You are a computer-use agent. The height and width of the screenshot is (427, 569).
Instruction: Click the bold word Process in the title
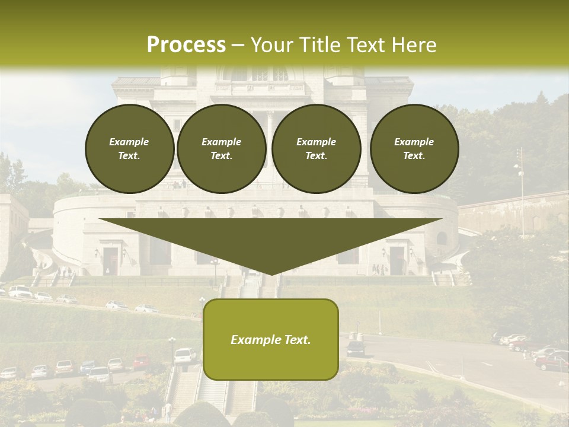click(x=186, y=44)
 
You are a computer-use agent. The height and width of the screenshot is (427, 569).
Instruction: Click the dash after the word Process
click(x=238, y=45)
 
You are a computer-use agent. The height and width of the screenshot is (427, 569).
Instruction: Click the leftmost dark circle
click(x=130, y=149)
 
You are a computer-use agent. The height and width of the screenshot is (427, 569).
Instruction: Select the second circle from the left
click(x=222, y=149)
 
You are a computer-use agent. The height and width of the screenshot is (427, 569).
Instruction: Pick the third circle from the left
click(x=317, y=149)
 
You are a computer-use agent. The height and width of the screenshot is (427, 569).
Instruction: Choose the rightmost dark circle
click(x=414, y=149)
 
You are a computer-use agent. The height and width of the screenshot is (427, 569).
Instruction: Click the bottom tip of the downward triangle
click(x=271, y=274)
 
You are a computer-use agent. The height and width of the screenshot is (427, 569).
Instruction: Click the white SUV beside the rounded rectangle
click(x=185, y=355)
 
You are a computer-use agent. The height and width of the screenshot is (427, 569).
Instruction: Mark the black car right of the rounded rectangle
click(x=356, y=349)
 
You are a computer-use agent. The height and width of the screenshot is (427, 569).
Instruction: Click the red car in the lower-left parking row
click(x=140, y=362)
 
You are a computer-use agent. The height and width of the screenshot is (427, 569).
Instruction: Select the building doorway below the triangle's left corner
click(x=110, y=261)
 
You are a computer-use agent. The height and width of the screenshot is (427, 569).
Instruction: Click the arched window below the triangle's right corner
click(x=442, y=238)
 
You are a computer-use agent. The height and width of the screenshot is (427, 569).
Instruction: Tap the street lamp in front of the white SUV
click(x=172, y=350)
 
